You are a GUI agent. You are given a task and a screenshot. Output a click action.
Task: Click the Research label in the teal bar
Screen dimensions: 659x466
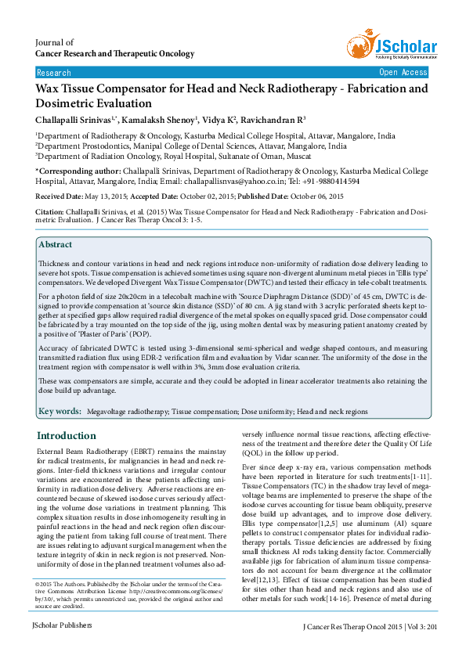(53, 72)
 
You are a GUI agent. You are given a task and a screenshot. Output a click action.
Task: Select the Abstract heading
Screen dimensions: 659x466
(55, 245)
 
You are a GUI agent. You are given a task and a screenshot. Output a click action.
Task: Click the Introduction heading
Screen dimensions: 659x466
(67, 436)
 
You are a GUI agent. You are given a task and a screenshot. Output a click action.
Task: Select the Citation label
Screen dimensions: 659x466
(52, 213)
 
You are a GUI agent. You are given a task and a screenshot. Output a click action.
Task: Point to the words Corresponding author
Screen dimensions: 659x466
(79, 170)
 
